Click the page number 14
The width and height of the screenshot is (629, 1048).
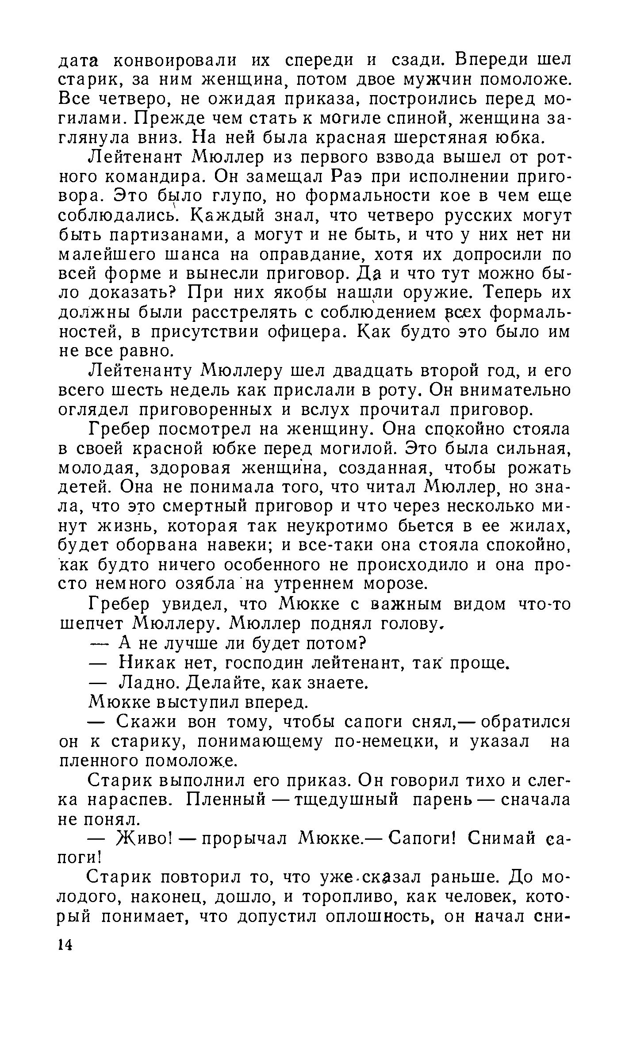tap(65, 945)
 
